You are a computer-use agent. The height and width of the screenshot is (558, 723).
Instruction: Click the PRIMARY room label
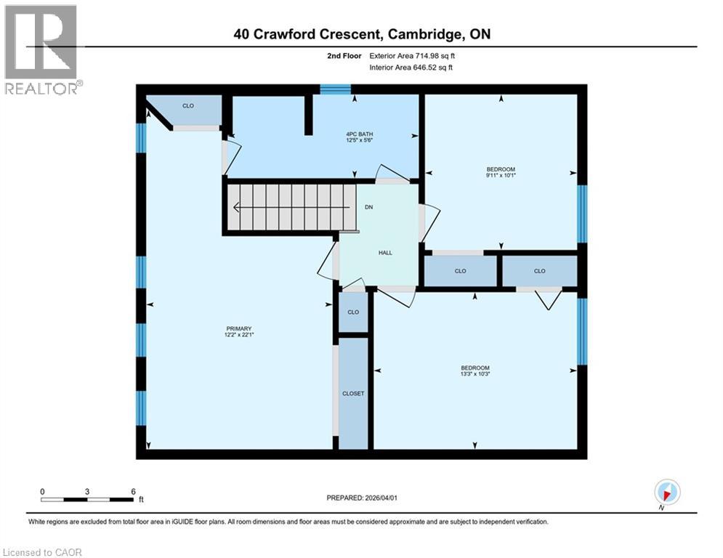pyautogui.click(x=238, y=328)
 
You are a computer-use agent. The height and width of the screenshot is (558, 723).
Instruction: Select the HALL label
pyautogui.click(x=385, y=253)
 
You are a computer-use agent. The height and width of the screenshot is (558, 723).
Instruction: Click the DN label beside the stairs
pyautogui.click(x=369, y=206)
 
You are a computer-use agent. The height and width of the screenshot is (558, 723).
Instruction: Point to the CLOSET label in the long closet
pyautogui.click(x=353, y=393)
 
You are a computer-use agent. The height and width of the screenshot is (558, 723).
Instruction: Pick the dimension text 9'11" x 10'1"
pyautogui.click(x=501, y=175)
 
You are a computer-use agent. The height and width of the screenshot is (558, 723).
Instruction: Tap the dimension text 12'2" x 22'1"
pyautogui.click(x=238, y=335)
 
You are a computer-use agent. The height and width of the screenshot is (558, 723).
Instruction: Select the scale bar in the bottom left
pyautogui.click(x=87, y=499)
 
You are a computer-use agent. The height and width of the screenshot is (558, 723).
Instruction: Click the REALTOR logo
pyautogui.click(x=41, y=49)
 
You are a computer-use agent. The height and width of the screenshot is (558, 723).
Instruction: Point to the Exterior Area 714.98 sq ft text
pyautogui.click(x=413, y=55)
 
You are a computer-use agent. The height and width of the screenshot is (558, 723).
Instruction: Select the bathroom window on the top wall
pyautogui.click(x=335, y=89)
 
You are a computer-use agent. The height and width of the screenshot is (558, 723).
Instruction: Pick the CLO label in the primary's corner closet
pyautogui.click(x=188, y=106)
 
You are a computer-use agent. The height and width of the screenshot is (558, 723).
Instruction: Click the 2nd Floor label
pyautogui.click(x=342, y=55)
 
